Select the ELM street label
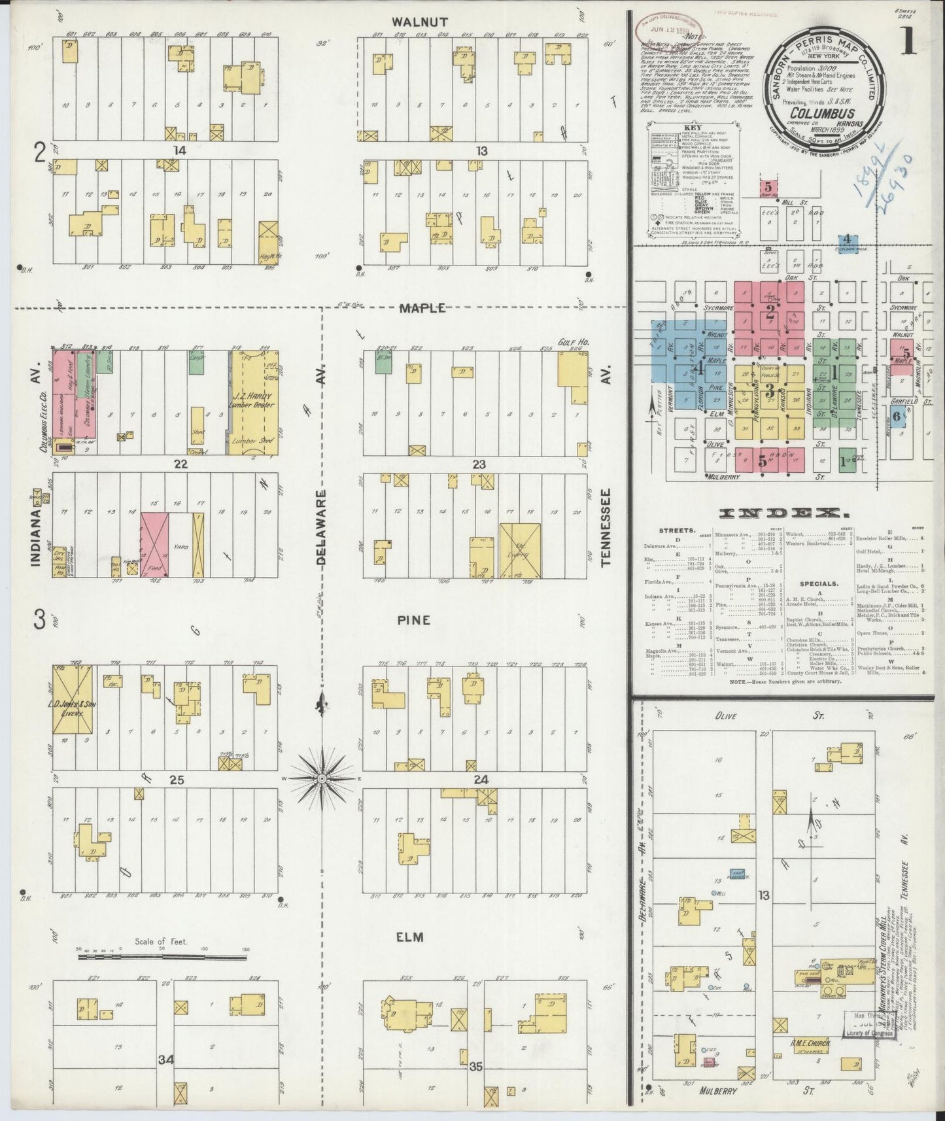[x=411, y=937]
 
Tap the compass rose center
[x=322, y=778]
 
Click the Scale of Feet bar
[x=163, y=957]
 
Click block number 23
[x=480, y=464]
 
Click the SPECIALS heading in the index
[x=818, y=583]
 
